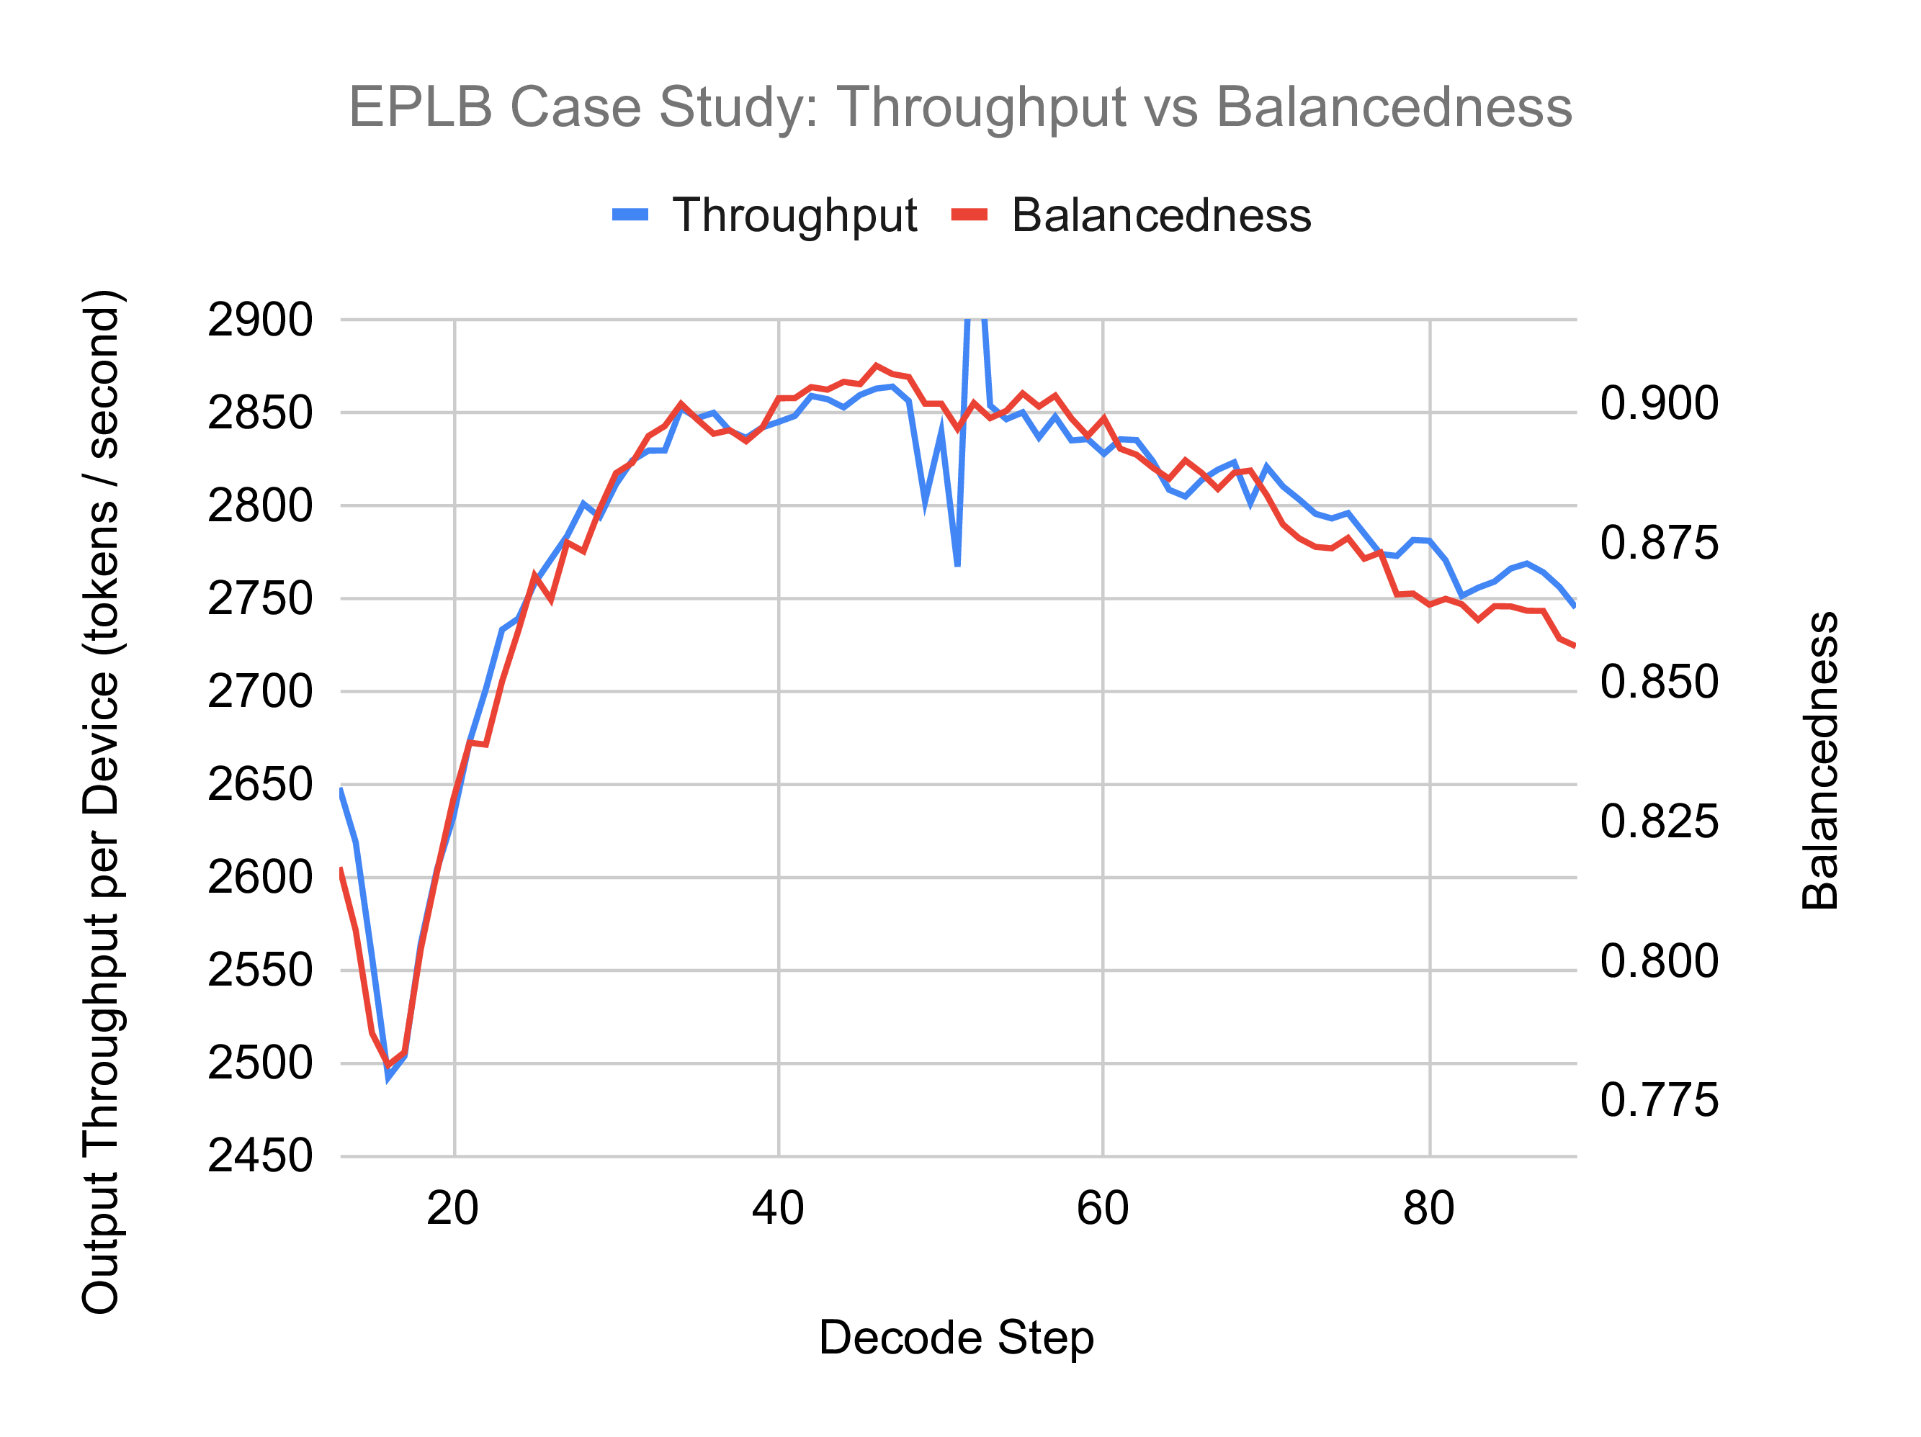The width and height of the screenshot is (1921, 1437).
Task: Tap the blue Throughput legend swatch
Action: [630, 215]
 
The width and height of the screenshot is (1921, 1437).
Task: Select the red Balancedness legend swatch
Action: [970, 215]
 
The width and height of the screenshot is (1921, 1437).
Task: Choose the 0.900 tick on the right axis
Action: [1659, 404]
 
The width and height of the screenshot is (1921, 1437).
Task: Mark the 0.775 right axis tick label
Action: [1659, 1100]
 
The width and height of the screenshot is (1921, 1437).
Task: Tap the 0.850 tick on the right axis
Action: [1659, 683]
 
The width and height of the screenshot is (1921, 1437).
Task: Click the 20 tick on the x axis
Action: [452, 1209]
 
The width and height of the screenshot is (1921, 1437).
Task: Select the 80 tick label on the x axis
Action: [1428, 1209]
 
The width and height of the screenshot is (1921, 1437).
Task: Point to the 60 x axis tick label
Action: [1102, 1209]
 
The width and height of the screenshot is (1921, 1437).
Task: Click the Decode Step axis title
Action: [956, 1337]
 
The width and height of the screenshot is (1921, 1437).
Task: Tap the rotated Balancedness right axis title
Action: [1820, 760]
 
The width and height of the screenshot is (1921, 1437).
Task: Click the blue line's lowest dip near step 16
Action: [389, 1076]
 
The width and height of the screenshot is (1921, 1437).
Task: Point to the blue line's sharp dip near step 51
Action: [957, 564]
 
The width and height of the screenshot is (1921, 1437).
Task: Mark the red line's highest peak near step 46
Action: [877, 366]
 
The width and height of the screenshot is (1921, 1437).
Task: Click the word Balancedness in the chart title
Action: [1393, 108]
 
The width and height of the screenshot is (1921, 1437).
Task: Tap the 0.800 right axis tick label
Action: [1659, 961]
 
